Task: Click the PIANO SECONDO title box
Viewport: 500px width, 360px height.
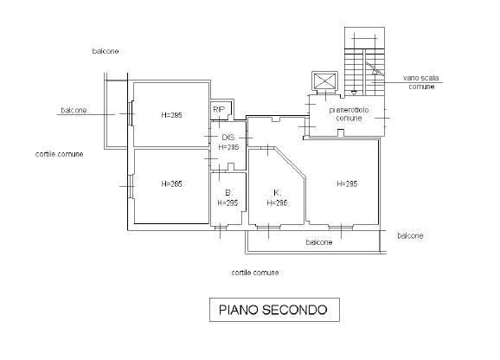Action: (x=274, y=310)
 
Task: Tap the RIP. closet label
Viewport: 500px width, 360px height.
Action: (x=220, y=110)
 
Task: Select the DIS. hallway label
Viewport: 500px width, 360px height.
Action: (x=228, y=138)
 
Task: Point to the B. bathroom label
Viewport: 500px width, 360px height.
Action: (x=229, y=193)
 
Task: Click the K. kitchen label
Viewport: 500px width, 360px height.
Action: (x=277, y=193)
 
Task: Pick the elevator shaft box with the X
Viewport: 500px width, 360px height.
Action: (x=324, y=80)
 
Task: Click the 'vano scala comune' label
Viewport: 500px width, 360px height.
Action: (x=421, y=82)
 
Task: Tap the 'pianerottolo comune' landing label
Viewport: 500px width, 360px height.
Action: (x=349, y=114)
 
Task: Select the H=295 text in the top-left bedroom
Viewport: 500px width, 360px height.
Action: (x=171, y=115)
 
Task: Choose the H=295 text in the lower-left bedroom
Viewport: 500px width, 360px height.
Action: (x=171, y=184)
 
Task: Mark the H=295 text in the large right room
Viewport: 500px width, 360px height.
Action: (x=347, y=184)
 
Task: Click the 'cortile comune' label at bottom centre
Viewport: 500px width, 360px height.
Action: (x=255, y=273)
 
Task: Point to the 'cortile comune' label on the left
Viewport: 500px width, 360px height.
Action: (x=60, y=154)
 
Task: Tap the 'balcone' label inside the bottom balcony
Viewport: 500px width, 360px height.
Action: (x=319, y=242)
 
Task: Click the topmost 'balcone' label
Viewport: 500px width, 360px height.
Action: (x=106, y=51)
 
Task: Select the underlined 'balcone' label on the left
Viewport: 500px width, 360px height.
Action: (x=74, y=110)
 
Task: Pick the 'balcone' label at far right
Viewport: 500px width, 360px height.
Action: (x=410, y=235)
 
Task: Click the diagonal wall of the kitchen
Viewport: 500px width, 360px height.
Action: (x=290, y=162)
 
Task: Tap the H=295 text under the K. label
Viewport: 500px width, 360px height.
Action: (x=277, y=202)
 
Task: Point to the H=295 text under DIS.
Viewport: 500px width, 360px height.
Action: (x=228, y=147)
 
